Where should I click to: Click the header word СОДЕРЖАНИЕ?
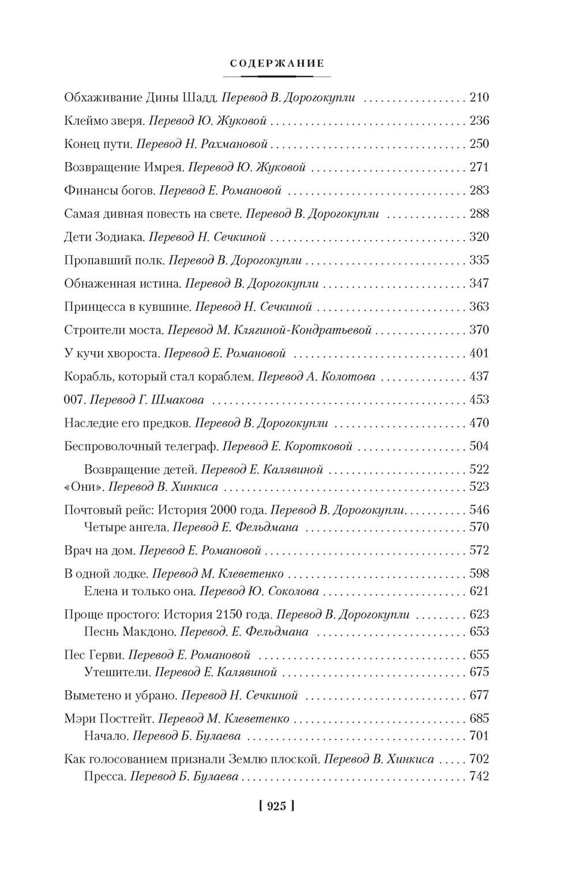(x=277, y=63)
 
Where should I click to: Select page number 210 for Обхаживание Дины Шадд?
(x=479, y=98)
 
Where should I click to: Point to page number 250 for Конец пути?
(x=479, y=144)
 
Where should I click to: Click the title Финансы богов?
(x=109, y=190)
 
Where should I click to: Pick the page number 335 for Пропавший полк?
(x=479, y=260)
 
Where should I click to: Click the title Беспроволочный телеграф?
(x=141, y=446)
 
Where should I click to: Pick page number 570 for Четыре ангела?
(x=479, y=527)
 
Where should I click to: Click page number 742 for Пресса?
(x=479, y=777)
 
